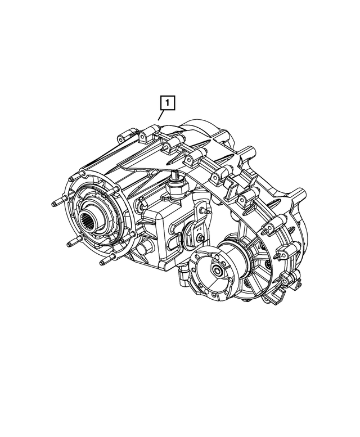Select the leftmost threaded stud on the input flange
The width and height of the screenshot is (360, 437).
tap(57, 203)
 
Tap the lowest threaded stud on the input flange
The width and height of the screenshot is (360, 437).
tap(103, 262)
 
